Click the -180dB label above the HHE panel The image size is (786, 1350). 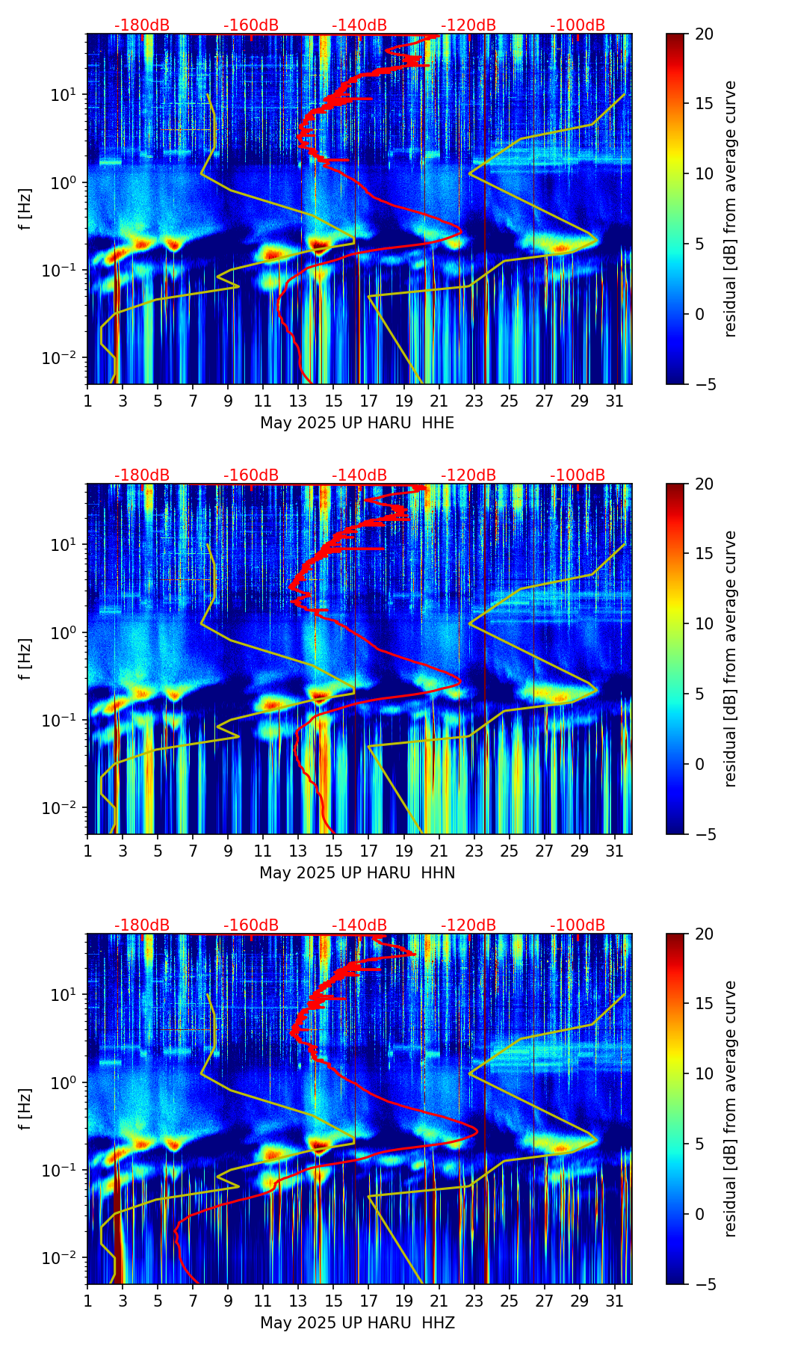coord(142,25)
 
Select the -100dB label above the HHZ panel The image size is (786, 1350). coord(578,925)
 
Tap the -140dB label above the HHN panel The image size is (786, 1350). coord(359,475)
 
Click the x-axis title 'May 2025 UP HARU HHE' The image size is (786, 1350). coord(357,423)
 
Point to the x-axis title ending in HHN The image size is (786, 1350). coord(357,873)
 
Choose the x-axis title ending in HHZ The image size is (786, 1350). coord(357,1323)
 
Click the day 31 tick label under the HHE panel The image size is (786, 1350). coord(615,401)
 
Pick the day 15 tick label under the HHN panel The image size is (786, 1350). coord(333,851)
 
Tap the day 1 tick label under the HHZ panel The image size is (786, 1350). coord(87,1301)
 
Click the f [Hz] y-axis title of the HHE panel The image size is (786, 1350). coord(25,209)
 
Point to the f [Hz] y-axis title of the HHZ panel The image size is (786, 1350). coord(25,1109)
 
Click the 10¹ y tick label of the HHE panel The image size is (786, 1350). coord(66,95)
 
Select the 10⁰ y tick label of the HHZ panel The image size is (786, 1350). coord(66,1083)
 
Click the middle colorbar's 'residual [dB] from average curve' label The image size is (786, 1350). coord(731,659)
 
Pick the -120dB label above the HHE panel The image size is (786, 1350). coord(468,25)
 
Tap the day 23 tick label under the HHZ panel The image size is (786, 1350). coord(474,1301)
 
